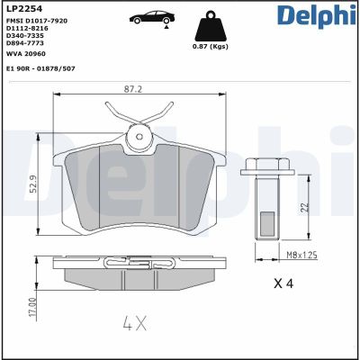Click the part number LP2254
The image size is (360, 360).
[x=22, y=9]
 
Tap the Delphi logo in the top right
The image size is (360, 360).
[x=318, y=15]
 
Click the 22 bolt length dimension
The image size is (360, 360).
[x=305, y=207]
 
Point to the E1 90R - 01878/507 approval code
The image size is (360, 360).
[x=40, y=68]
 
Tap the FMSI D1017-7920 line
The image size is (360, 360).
[x=36, y=21]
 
